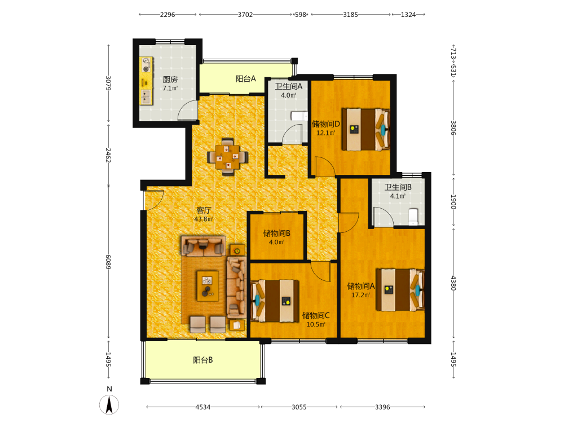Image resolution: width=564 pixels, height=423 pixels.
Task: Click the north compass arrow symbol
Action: [109, 404]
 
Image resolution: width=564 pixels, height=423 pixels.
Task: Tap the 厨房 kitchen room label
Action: [170, 80]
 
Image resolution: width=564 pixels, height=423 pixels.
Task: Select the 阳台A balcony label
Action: [246, 79]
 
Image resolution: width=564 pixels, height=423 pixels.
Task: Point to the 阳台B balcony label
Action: [203, 360]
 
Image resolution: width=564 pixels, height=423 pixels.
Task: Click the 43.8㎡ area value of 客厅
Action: [204, 219]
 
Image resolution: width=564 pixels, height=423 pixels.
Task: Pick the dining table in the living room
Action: [228, 157]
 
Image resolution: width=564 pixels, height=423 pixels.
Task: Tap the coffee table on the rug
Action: [208, 286]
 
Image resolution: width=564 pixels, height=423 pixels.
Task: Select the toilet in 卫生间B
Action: [413, 217]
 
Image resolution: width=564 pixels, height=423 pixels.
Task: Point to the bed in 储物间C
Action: [275, 301]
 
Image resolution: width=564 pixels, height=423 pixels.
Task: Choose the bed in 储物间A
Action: [400, 290]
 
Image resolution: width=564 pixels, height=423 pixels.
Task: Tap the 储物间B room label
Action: [276, 233]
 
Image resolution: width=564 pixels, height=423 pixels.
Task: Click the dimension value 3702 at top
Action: [245, 15]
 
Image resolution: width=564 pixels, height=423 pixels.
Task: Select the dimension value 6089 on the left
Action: [108, 262]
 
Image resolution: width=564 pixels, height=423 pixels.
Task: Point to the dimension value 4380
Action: [453, 283]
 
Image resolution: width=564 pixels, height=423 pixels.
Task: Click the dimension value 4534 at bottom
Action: [203, 407]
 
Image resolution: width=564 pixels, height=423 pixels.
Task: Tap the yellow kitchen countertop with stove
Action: [146, 80]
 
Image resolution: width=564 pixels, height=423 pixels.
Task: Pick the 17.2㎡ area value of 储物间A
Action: [361, 295]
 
